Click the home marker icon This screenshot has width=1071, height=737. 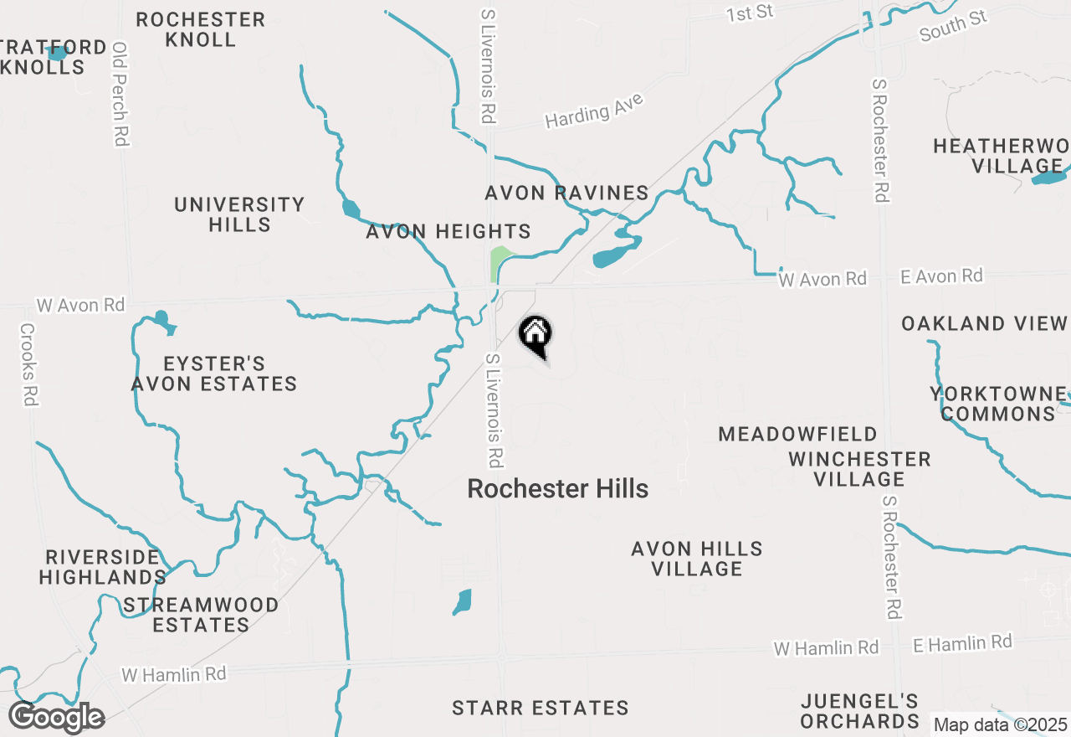535,335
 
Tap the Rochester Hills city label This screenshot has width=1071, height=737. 557,489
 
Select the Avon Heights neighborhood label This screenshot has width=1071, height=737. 448,232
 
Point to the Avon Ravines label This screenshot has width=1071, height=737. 566,193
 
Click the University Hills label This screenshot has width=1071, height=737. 239,214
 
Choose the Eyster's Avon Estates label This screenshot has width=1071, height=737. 214,374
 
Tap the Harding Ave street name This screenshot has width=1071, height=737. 594,111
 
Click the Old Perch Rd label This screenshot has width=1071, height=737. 120,94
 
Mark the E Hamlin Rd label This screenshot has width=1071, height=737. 962,643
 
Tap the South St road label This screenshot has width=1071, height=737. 953,27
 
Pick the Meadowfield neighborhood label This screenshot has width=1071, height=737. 798,434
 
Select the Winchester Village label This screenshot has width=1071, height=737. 859,469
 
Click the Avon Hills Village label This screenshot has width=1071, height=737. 697,559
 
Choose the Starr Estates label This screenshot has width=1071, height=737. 540,709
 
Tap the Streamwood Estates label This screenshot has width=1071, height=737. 201,615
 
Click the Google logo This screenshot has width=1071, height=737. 56,718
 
